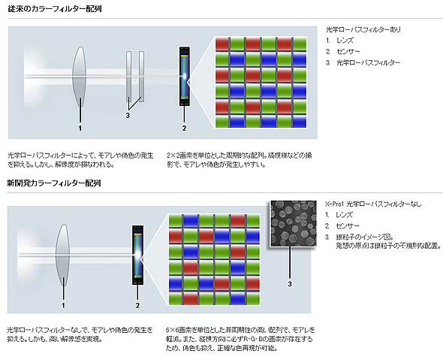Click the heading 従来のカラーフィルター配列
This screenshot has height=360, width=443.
[x=55, y=9]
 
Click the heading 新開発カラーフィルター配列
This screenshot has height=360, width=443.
[x=53, y=183]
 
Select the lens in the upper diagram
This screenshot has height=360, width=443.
[x=79, y=77]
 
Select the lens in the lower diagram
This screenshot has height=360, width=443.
[x=62, y=255]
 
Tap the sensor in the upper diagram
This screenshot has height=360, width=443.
[x=185, y=77]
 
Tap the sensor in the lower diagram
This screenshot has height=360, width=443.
[x=137, y=255]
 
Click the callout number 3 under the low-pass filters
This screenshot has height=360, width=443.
[x=128, y=116]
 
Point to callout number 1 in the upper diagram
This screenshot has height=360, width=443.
[x=80, y=128]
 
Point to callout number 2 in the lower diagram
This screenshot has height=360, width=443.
[x=137, y=305]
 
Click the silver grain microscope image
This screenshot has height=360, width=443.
[x=294, y=223]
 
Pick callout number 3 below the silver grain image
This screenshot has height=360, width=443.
[x=290, y=283]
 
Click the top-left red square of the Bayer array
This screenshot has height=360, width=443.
[x=222, y=44]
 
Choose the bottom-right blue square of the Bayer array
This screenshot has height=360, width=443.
[x=300, y=121]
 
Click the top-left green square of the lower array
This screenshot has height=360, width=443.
[x=176, y=221]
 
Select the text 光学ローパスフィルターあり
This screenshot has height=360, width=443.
[x=363, y=29]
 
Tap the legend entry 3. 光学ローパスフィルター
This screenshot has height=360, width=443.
[x=363, y=62]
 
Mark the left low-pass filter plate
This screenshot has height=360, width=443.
[x=129, y=77]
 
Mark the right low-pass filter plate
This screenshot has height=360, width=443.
[x=142, y=77]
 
